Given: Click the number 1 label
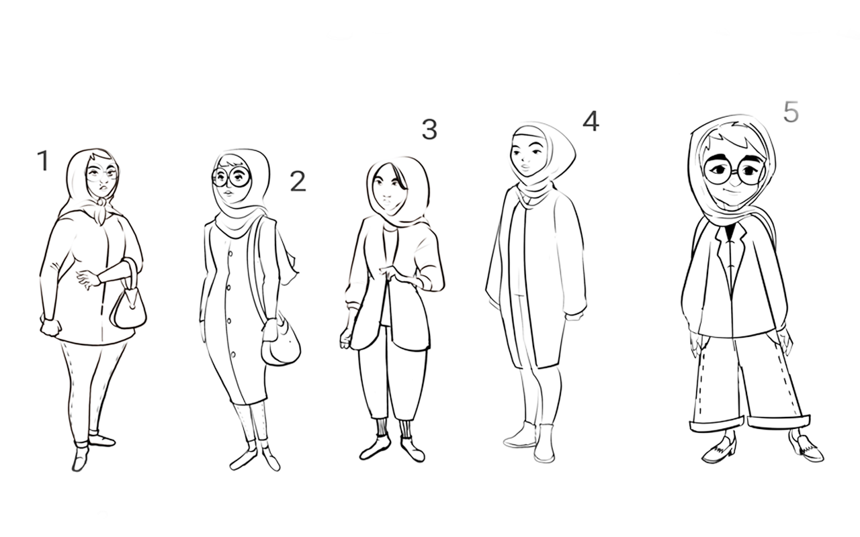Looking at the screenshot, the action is tap(44, 160).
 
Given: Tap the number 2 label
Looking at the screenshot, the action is tap(298, 181).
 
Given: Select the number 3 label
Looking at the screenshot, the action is tap(429, 130).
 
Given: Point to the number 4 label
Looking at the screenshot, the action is tap(591, 121).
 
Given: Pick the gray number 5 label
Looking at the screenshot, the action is tap(791, 111).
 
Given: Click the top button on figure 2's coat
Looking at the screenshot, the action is tap(230, 253).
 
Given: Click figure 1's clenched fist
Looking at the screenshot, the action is tap(51, 327).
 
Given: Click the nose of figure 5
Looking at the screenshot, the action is tap(734, 180).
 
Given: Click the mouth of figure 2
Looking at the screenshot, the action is tap(228, 192).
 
